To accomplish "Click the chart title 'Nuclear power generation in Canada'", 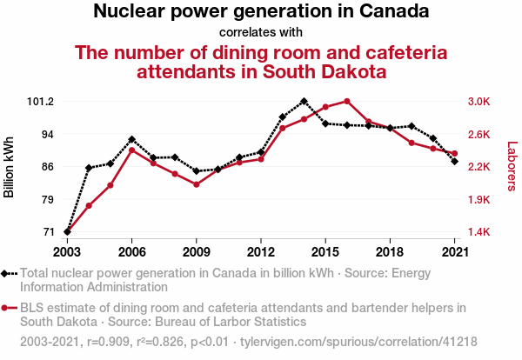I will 260,12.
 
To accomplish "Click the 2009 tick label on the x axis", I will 196,251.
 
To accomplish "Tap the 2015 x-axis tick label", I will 325,251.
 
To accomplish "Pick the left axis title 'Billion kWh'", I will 10,166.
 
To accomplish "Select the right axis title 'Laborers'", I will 512,166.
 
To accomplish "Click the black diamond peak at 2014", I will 304,101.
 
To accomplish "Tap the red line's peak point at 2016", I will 346,101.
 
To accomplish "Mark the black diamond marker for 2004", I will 89,168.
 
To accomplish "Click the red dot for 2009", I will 196,184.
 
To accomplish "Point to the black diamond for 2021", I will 454,161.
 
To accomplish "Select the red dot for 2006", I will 131,150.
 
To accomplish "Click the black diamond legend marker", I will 8,273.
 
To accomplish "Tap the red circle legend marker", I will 8,308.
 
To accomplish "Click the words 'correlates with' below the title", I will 260,32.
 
